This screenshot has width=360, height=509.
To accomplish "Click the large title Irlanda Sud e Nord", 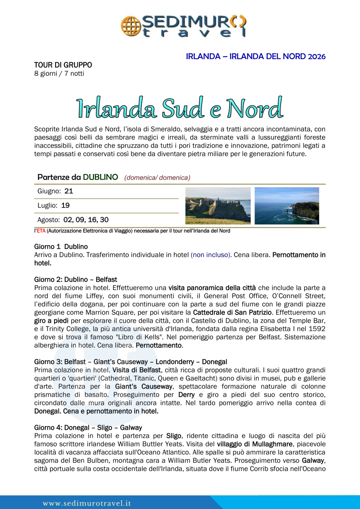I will click(180, 108).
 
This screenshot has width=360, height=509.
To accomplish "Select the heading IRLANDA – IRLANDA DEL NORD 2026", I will click(255, 56).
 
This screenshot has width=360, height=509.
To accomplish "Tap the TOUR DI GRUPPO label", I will click(63, 65).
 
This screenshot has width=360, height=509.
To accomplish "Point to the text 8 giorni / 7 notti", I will click(59, 73).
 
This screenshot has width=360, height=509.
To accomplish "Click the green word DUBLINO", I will click(100, 177).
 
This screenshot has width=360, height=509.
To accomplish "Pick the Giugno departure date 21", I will click(69, 191).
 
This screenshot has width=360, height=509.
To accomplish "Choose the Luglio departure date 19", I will click(65, 205).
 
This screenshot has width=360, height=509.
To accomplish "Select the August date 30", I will click(104, 220).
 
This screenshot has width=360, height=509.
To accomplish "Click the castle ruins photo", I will click(218, 206).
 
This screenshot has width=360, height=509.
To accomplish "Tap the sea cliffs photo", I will click(287, 206).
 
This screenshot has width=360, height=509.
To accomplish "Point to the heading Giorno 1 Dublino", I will click(61, 246).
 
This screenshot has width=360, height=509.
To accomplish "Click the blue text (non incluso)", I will click(210, 255).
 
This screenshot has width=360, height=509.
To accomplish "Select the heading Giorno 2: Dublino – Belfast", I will click(76, 279).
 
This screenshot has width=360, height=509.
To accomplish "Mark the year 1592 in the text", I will click(316, 329).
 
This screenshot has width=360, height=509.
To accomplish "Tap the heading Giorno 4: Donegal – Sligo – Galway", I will click(88, 428).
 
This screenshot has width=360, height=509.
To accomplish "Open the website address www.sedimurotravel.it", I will click(86, 503).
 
